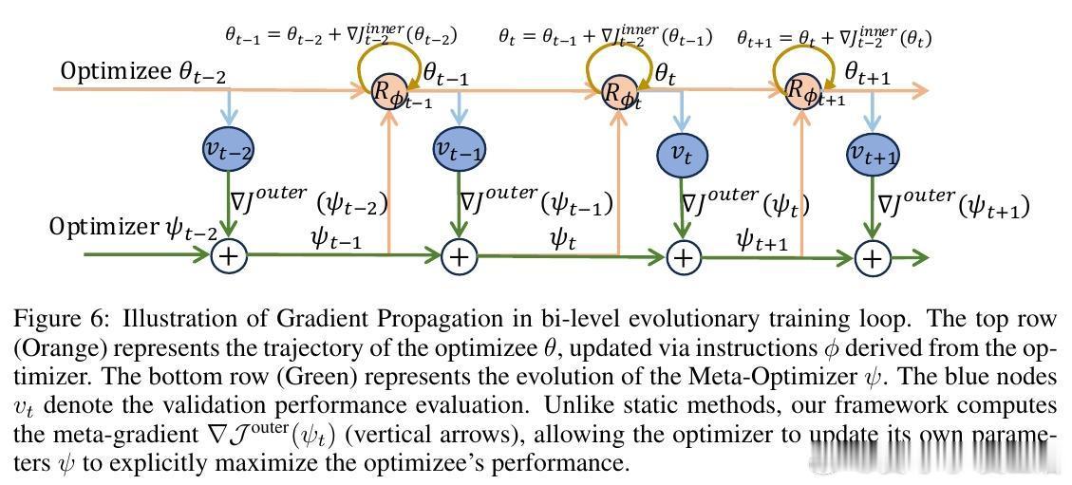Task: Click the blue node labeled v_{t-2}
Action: [229, 148]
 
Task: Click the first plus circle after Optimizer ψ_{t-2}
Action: [229, 255]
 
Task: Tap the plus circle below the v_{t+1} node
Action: [873, 257]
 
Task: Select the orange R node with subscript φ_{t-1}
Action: [389, 93]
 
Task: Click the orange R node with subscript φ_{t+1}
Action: [803, 92]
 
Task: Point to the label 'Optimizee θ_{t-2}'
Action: [143, 72]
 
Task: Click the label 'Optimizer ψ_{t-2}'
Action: [133, 228]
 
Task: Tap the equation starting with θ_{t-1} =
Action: [341, 36]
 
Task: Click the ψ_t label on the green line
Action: [563, 238]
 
